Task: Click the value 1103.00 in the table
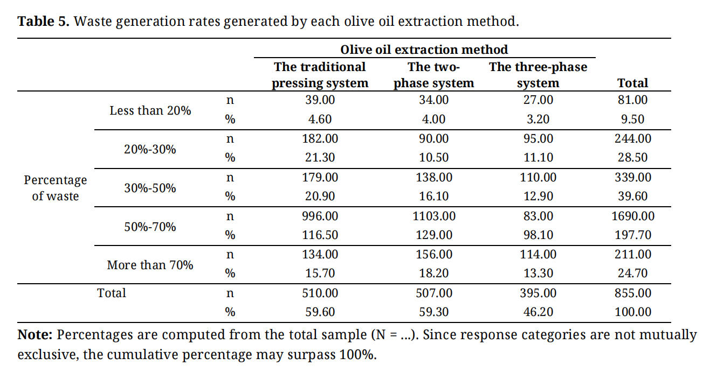[434, 216]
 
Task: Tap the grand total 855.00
[633, 293]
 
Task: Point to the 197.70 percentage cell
[633, 235]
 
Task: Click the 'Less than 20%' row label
[150, 111]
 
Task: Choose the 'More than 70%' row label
[150, 265]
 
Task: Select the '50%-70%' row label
[150, 227]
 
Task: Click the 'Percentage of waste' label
[55, 188]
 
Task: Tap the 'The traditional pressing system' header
[320, 75]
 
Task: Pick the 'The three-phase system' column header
[538, 75]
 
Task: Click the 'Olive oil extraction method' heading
[424, 50]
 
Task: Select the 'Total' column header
[633, 83]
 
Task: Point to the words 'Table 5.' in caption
[44, 22]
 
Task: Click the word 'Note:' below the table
[35, 335]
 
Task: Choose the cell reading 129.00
[434, 235]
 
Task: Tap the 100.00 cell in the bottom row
[633, 312]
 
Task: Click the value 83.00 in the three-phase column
[538, 216]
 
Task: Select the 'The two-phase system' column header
[434, 75]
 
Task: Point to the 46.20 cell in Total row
[538, 312]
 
